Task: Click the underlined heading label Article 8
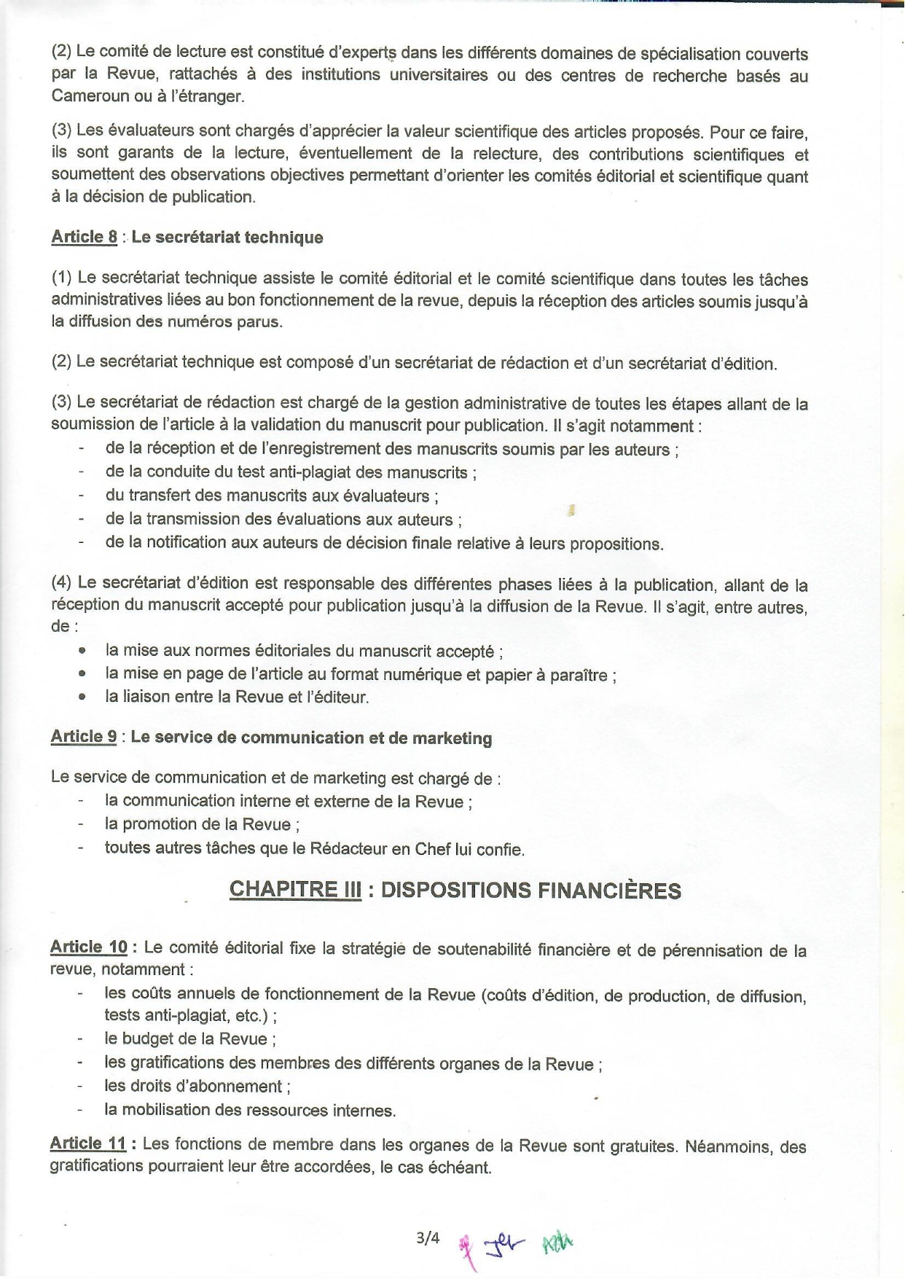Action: [x=84, y=237]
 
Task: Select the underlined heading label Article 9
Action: [x=83, y=737]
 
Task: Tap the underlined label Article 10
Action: [x=88, y=947]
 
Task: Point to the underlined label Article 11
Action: [x=87, y=1143]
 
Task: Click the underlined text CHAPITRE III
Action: [x=295, y=890]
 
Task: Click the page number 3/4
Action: [x=428, y=1237]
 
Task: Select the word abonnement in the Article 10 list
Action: [x=242, y=1087]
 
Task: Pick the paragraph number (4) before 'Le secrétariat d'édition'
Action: [x=61, y=583]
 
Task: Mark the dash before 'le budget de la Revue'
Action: [x=81, y=1039]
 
